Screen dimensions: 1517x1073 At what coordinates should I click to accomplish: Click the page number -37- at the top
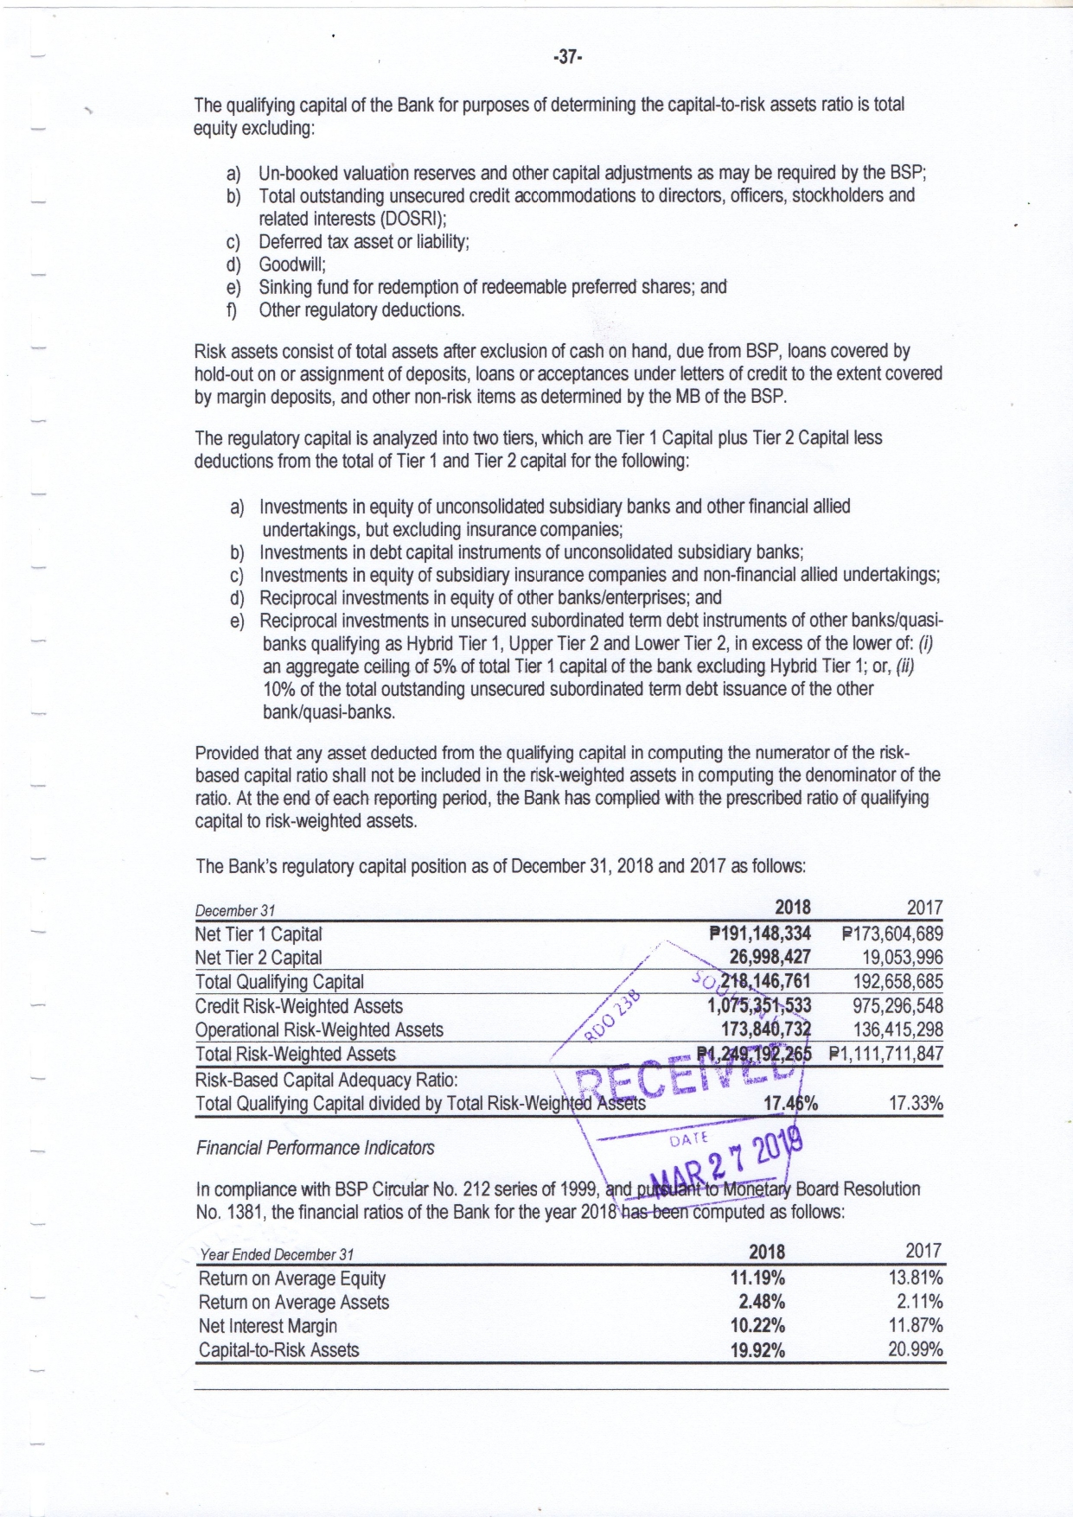pyautogui.click(x=567, y=57)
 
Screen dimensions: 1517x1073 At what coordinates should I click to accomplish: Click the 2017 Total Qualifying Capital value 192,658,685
pyautogui.click(x=897, y=981)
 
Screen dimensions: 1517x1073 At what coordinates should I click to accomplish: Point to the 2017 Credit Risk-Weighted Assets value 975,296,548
pyautogui.click(x=897, y=1005)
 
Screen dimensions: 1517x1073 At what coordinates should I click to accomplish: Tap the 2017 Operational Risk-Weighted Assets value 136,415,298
pyautogui.click(x=897, y=1029)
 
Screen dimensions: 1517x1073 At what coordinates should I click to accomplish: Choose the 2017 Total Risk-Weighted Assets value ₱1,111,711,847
pyautogui.click(x=885, y=1054)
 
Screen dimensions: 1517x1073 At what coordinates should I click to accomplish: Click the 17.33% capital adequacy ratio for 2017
pyautogui.click(x=916, y=1103)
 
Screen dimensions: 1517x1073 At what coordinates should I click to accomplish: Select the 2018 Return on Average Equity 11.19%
pyautogui.click(x=757, y=1278)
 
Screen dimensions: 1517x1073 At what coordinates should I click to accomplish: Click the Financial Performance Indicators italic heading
pyautogui.click(x=315, y=1148)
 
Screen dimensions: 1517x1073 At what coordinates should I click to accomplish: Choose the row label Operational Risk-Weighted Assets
pyautogui.click(x=319, y=1029)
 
